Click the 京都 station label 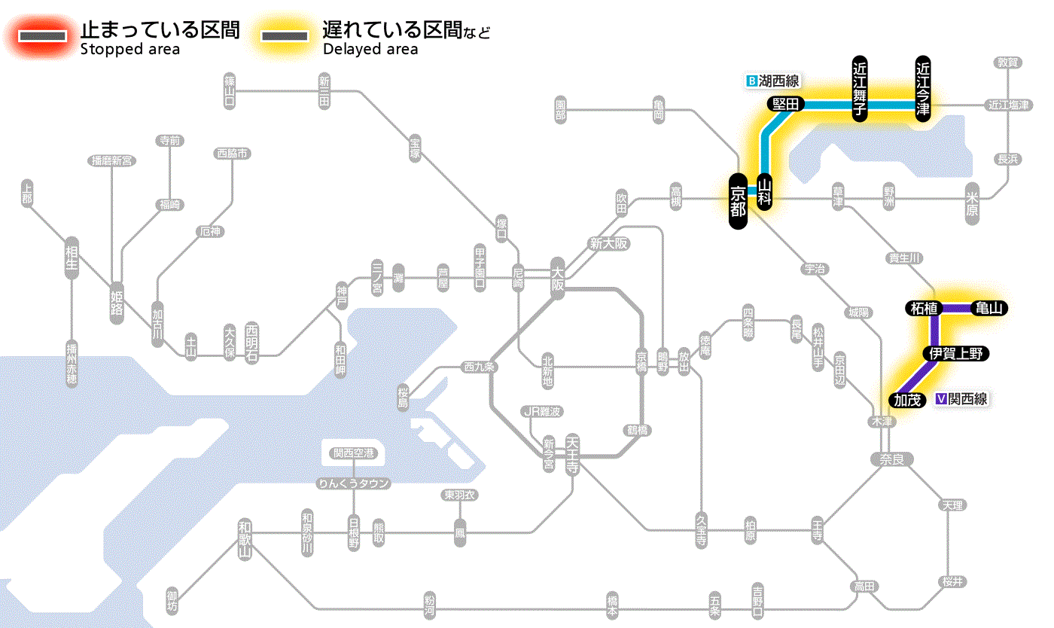(738, 202)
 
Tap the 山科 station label (765, 192)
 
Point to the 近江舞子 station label (860, 88)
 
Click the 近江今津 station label (922, 88)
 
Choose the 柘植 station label (924, 308)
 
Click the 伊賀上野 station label (955, 353)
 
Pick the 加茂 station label (907, 400)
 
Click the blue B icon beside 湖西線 (751, 81)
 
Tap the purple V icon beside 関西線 (940, 399)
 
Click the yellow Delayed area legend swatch (285, 35)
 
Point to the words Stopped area (129, 50)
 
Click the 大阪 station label (557, 279)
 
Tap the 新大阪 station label (608, 243)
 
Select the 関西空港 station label (353, 453)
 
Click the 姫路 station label (117, 302)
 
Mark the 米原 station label (973, 204)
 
